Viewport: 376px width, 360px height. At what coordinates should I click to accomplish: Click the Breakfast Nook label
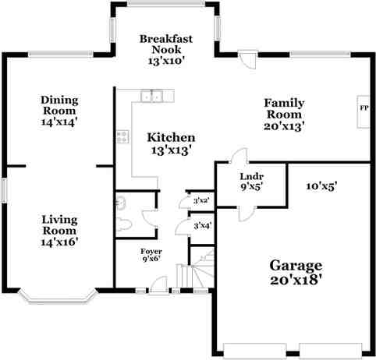166,44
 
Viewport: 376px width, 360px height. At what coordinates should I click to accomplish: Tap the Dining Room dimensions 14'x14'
59,121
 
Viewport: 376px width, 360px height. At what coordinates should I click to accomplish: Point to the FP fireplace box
364,108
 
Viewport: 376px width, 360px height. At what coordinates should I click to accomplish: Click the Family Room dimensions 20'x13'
283,125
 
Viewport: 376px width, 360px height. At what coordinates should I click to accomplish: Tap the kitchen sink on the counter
151,97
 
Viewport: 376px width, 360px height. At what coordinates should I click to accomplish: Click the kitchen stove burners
122,136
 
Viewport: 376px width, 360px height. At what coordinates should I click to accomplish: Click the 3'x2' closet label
201,201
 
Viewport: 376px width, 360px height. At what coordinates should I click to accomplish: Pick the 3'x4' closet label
201,226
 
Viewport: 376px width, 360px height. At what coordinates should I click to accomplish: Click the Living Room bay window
58,296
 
